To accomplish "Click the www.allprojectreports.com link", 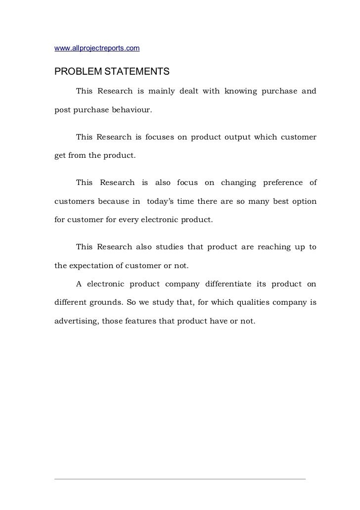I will [97, 48].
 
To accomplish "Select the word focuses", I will [160, 137].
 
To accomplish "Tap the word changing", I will [238, 183].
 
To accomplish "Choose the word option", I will [303, 200].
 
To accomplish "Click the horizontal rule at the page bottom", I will [180, 478].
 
